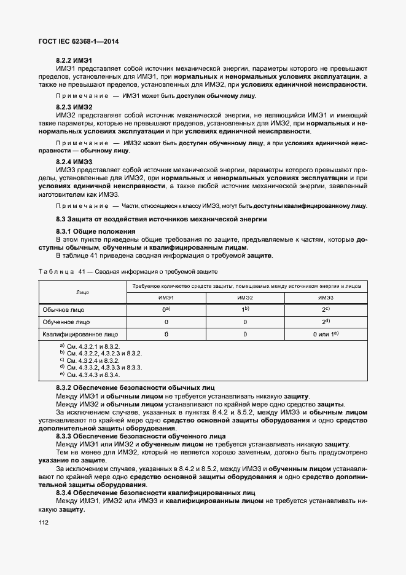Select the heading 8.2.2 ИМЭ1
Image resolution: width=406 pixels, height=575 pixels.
click(74, 60)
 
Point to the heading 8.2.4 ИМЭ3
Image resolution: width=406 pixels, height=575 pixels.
click(74, 162)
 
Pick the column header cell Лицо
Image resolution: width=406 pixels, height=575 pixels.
click(83, 292)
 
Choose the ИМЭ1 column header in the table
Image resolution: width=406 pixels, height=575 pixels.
click(166, 298)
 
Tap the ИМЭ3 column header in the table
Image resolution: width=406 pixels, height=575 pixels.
click(326, 298)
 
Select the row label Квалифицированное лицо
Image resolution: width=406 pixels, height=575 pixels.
click(80, 335)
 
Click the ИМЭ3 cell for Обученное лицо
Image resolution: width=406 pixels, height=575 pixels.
click(326, 322)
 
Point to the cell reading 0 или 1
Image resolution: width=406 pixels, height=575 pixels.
click(326, 335)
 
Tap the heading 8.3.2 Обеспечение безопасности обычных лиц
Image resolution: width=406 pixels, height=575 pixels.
click(135, 388)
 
